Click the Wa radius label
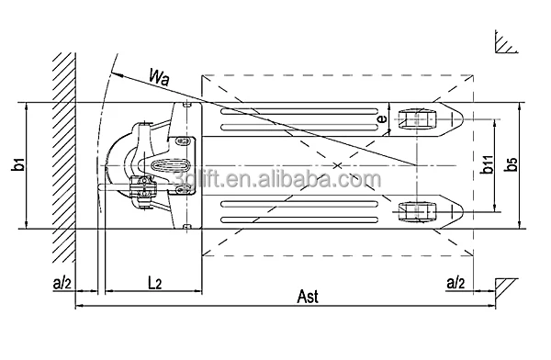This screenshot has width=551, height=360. click(x=159, y=77)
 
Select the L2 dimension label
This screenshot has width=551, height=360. click(x=154, y=283)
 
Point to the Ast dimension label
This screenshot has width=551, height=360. click(x=308, y=297)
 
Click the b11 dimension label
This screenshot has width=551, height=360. click(x=487, y=164)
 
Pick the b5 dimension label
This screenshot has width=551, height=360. click(x=511, y=164)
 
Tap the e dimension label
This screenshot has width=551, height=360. click(x=382, y=118)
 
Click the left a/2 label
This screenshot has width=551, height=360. click(x=62, y=283)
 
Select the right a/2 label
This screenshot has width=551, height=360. click(x=455, y=283)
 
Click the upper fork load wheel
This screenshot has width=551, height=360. click(x=417, y=119)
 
